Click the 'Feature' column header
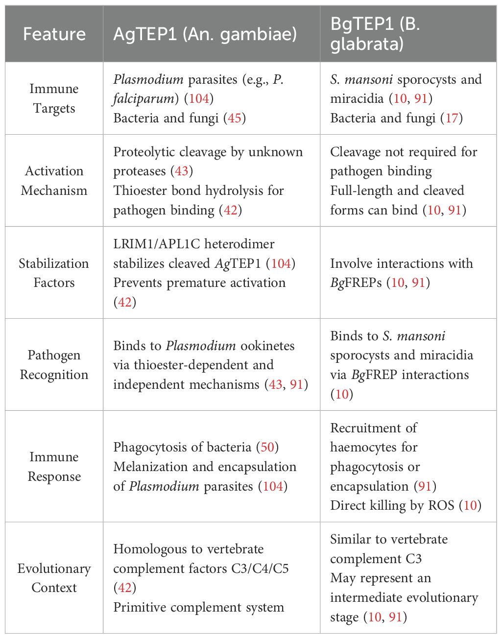[54, 34]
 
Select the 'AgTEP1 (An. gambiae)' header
[205, 34]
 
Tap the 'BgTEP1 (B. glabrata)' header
[375, 34]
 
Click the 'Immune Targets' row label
[54, 98]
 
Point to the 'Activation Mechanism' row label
[54, 181]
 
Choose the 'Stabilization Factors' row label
[54, 273]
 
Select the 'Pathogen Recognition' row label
[54, 365]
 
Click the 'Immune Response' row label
[54, 467]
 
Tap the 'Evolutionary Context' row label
[54, 578]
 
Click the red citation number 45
[235, 118]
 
